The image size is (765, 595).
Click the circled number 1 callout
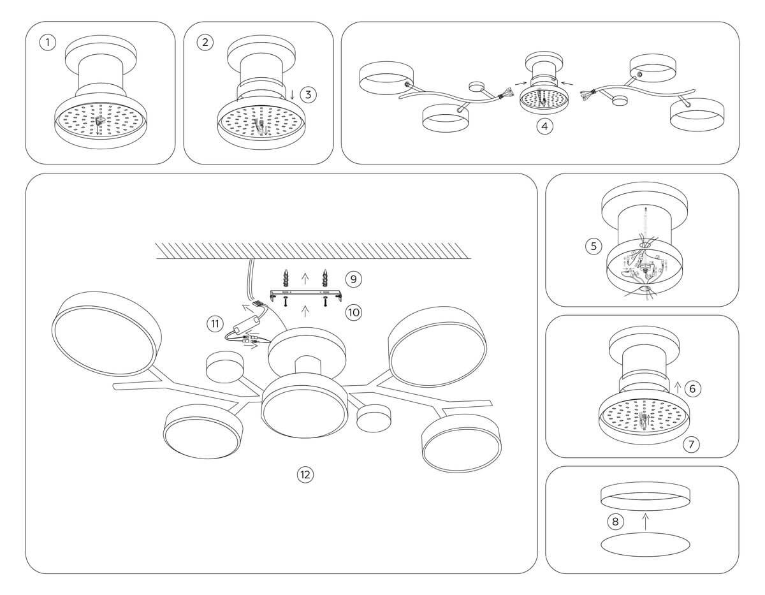(x=47, y=43)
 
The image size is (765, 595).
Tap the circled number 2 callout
(x=205, y=43)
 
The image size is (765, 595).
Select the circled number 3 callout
(x=308, y=94)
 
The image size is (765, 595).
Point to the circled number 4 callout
(x=544, y=126)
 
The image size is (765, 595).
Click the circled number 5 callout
(x=594, y=246)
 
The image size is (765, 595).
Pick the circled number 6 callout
(x=693, y=388)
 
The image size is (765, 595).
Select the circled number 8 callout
(x=615, y=522)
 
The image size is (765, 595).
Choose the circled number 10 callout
(x=353, y=312)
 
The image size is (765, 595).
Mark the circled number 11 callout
(x=214, y=324)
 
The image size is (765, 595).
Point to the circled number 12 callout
(x=306, y=474)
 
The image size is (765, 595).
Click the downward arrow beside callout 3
(x=292, y=94)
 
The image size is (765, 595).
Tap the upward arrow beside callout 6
(x=677, y=386)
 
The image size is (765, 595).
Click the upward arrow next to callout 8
(x=645, y=521)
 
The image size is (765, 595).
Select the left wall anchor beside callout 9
(x=286, y=278)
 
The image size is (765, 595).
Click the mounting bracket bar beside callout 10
(x=306, y=294)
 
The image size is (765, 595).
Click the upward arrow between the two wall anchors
(x=305, y=277)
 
